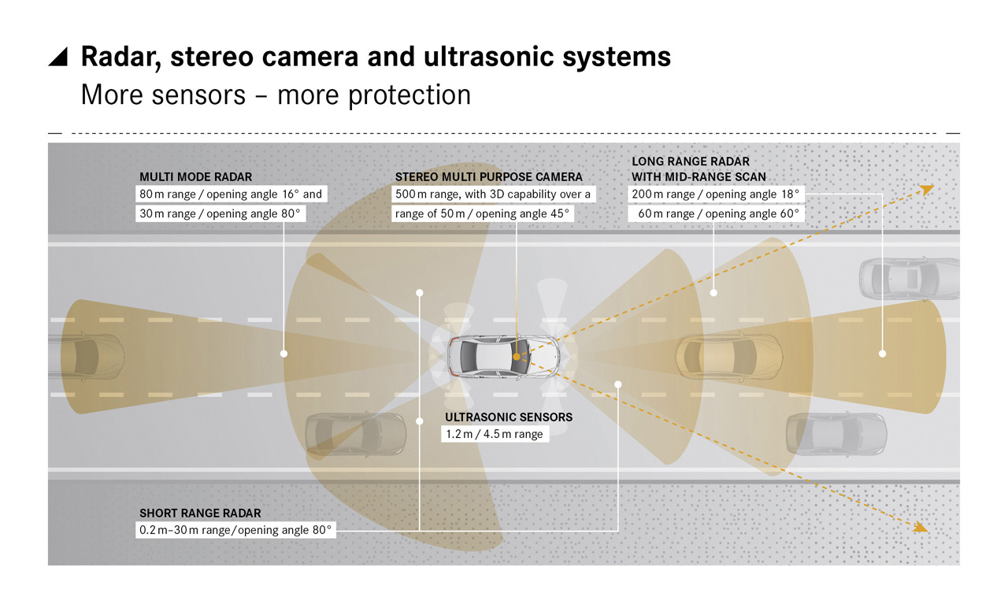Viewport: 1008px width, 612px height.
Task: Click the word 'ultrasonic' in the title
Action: pyautogui.click(x=489, y=57)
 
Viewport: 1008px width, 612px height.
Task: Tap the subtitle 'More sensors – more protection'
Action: pyautogui.click(x=276, y=95)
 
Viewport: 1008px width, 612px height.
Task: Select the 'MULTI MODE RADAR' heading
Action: pyautogui.click(x=196, y=177)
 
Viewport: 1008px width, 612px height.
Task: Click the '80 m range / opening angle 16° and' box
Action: pyautogui.click(x=231, y=194)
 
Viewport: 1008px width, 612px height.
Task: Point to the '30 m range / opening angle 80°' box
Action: pyautogui.click(x=220, y=213)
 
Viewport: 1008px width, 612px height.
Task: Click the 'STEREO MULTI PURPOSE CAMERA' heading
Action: pyautogui.click(x=489, y=177)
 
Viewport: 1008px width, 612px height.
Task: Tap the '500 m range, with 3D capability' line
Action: pyautogui.click(x=493, y=194)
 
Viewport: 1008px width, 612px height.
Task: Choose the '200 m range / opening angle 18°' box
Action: pyautogui.click(x=716, y=194)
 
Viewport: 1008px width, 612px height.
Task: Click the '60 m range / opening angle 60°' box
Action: pyautogui.click(x=716, y=213)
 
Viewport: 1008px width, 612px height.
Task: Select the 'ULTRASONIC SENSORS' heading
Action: pyautogui.click(x=509, y=417)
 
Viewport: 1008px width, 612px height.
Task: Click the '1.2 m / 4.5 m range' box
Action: pyautogui.click(x=495, y=434)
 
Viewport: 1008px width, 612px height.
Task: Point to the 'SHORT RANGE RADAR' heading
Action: pyautogui.click(x=200, y=513)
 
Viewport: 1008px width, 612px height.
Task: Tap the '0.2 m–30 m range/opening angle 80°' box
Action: pyautogui.click(x=235, y=530)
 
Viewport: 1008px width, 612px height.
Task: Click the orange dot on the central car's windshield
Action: pyautogui.click(x=517, y=357)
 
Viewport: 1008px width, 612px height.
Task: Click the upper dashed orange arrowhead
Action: pyautogui.click(x=927, y=190)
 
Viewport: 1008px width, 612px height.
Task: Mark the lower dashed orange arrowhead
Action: pyautogui.click(x=921, y=526)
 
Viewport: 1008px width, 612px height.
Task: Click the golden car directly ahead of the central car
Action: pyautogui.click(x=729, y=357)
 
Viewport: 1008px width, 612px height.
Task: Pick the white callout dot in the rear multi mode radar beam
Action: pyautogui.click(x=284, y=354)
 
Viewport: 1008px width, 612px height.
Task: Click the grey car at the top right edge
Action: pyautogui.click(x=909, y=279)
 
